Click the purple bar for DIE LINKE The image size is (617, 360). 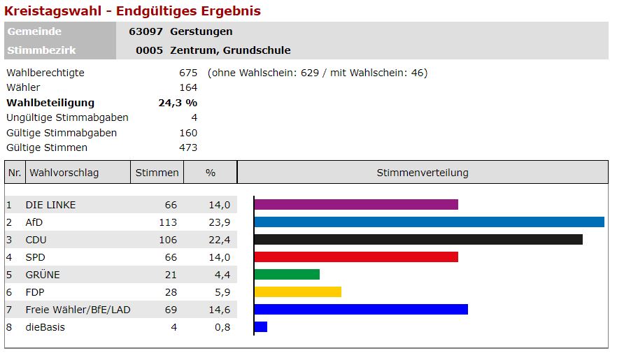[x=356, y=205]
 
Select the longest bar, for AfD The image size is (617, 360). [x=429, y=222]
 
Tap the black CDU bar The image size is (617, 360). [x=418, y=240]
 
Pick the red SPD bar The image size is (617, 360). [x=356, y=257]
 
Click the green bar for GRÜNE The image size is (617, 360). [x=287, y=275]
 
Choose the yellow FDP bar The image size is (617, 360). [x=298, y=292]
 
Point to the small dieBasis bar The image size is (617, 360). [x=261, y=327]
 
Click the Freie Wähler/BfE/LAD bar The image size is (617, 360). [x=361, y=310]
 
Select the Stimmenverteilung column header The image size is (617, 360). [x=423, y=173]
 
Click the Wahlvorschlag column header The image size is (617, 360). [x=62, y=173]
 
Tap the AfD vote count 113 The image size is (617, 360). [x=168, y=222]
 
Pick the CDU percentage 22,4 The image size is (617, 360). [x=219, y=240]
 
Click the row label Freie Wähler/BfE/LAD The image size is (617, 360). [x=78, y=310]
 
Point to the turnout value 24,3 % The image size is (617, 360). [x=178, y=103]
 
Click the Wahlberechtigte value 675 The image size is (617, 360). [x=188, y=73]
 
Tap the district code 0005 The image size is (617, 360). [x=149, y=50]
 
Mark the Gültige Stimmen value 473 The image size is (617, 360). [x=188, y=147]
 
